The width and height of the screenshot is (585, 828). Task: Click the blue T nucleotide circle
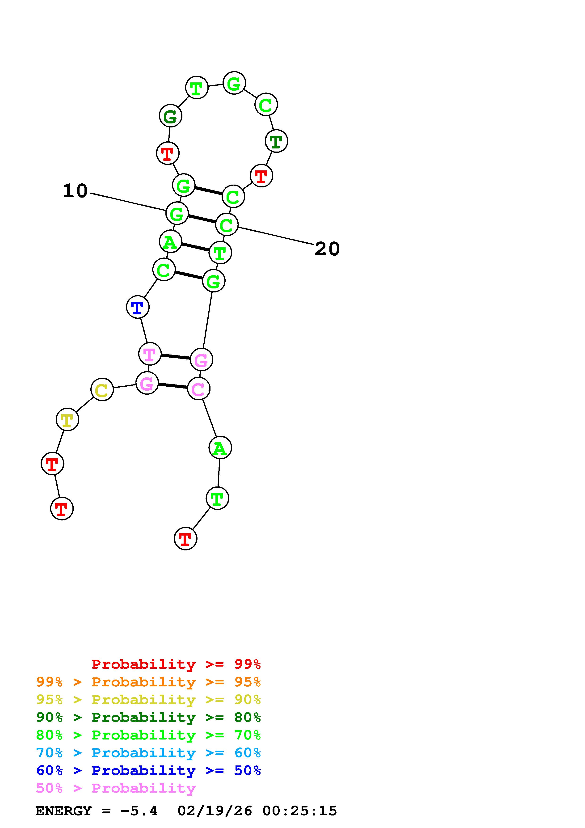coord(137,307)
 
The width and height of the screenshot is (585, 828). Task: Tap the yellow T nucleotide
coord(67,420)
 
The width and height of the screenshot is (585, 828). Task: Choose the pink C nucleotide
coord(198,389)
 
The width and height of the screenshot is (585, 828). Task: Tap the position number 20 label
coord(327,249)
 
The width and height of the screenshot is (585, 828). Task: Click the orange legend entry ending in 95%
coord(148,682)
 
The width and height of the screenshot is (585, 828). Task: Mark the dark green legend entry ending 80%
coord(148,718)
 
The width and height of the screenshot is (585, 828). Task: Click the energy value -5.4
coord(139,811)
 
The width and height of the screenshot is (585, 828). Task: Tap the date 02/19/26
coord(215,811)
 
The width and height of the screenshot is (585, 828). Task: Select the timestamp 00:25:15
coord(299,811)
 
